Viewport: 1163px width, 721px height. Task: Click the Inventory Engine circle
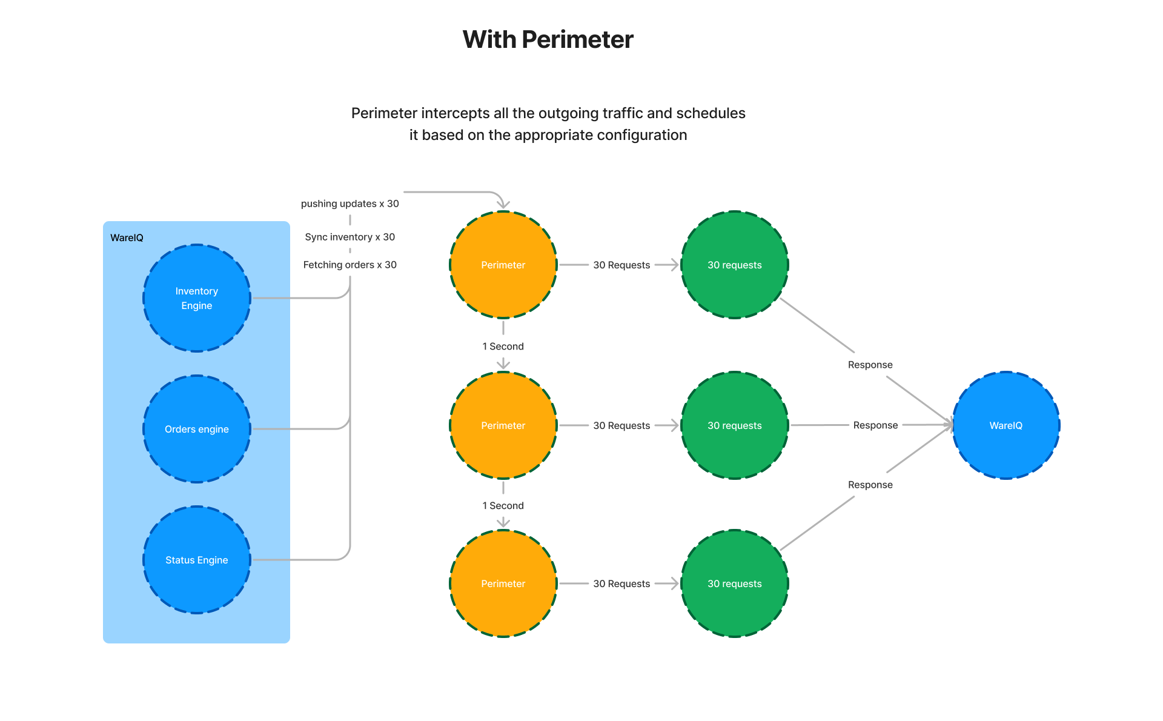(196, 298)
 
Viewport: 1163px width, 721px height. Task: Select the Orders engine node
(196, 429)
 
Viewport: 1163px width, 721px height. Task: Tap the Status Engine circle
(196, 560)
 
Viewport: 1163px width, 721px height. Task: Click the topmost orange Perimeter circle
(503, 265)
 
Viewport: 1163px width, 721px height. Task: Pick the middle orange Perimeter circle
(503, 425)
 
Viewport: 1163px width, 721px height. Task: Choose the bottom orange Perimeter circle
(503, 583)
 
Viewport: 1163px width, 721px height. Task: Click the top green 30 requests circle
(734, 265)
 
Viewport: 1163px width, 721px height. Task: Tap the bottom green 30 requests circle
(734, 583)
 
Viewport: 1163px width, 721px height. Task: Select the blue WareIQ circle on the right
(1006, 425)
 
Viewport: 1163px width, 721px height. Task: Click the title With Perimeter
(548, 39)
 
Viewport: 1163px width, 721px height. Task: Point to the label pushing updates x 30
(350, 204)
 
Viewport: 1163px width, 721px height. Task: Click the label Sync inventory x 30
(350, 237)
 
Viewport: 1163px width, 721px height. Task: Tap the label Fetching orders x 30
(350, 265)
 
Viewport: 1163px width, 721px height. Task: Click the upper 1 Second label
(503, 347)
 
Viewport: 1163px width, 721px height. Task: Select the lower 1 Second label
(503, 506)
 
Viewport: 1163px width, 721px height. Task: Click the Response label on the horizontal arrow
(875, 425)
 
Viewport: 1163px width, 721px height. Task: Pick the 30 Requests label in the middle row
(621, 425)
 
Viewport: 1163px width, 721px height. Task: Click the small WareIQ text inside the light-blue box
(127, 238)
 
